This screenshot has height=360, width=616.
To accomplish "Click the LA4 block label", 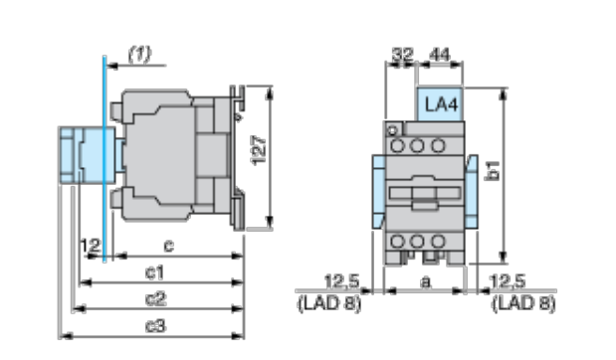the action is coord(441,104).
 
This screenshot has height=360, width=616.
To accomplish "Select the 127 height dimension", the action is coord(259,150).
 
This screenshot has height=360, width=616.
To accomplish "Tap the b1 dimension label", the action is coord(493,170).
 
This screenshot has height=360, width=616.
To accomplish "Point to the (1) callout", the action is coord(140,54).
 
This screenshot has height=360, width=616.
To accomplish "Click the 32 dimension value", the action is coord(403,54).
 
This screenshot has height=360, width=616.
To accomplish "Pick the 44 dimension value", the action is coord(440,54).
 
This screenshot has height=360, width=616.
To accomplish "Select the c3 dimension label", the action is coord(156,325).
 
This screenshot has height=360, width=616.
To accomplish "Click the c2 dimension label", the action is coord(156,299).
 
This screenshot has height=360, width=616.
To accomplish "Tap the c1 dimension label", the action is coord(155,272).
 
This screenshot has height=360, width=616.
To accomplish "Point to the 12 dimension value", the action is coord(91,246).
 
